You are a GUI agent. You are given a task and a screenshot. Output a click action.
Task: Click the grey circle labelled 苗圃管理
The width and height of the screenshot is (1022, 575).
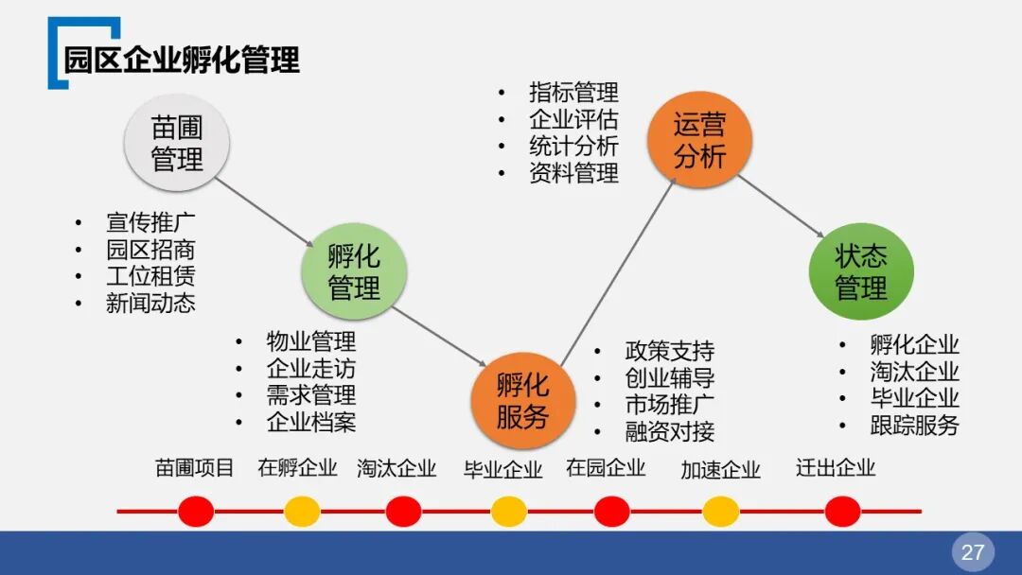(177, 144)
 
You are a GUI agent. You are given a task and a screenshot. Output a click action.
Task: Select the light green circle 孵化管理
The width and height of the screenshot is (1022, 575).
(354, 272)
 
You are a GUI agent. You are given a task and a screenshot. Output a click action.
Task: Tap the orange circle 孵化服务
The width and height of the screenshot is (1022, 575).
(522, 400)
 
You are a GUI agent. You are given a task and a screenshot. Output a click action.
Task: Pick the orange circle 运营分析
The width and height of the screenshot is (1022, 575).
(699, 141)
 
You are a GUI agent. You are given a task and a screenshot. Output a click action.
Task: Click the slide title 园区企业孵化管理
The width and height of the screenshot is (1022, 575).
(182, 60)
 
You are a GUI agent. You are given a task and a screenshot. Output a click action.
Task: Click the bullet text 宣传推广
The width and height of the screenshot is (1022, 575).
(150, 224)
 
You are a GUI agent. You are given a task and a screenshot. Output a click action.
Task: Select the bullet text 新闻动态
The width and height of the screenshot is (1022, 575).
(150, 304)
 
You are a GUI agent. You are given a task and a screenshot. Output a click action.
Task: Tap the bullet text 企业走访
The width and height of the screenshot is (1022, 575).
(311, 369)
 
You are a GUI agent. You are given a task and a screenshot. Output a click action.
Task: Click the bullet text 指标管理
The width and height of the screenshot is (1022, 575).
(573, 93)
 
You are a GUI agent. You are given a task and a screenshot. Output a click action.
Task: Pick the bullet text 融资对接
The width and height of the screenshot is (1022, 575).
(670, 432)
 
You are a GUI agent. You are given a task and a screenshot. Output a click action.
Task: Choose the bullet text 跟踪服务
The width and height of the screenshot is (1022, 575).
(914, 426)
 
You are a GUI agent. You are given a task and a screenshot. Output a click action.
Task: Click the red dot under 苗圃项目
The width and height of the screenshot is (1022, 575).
(196, 512)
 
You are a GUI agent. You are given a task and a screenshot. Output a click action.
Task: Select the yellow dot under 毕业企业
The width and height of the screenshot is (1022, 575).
(508, 512)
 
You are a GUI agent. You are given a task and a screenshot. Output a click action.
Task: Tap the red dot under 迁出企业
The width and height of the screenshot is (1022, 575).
(842, 512)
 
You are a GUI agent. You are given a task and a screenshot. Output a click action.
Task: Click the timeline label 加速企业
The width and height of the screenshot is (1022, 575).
(720, 470)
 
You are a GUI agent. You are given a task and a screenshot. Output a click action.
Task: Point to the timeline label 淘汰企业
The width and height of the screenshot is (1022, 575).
(396, 468)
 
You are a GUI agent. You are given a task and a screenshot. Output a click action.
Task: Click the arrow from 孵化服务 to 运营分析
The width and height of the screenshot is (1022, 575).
(618, 270)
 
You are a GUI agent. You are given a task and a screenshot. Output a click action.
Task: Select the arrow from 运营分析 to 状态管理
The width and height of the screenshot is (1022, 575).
(782, 206)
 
